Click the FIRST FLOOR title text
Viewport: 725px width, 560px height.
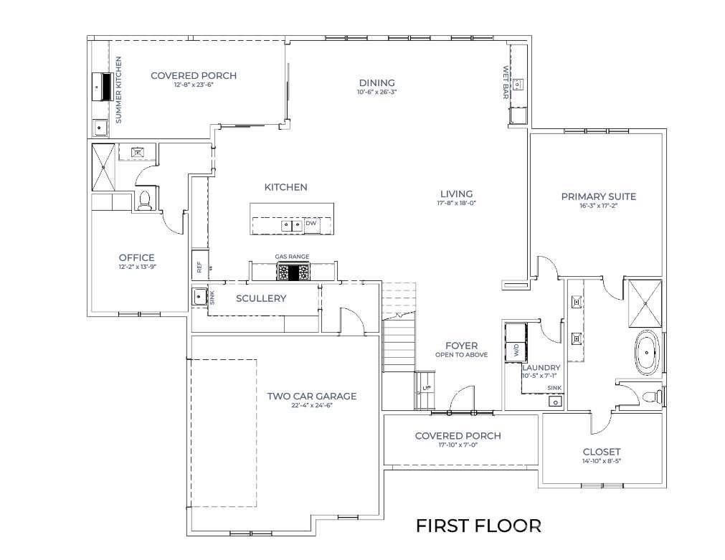(x=478, y=526)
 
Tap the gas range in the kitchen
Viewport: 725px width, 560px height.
(x=293, y=272)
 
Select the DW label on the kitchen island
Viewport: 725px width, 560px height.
(x=311, y=224)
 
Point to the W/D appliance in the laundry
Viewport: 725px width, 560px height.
(x=515, y=343)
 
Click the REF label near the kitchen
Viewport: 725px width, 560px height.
(x=199, y=267)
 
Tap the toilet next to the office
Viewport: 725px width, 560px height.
(x=143, y=200)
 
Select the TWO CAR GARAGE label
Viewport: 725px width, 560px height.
(x=311, y=396)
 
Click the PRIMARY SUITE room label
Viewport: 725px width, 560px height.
(x=598, y=196)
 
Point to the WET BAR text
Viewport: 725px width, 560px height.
(x=506, y=82)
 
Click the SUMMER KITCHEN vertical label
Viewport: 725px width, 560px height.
(x=119, y=89)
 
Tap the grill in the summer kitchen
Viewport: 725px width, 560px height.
(x=102, y=86)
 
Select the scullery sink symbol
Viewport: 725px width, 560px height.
(x=199, y=296)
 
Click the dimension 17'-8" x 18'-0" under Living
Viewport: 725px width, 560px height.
(x=456, y=203)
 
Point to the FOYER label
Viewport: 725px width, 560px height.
(x=460, y=346)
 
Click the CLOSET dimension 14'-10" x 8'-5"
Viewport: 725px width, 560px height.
(x=601, y=461)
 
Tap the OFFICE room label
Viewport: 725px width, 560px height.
(x=136, y=257)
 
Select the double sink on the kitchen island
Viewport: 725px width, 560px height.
(x=290, y=224)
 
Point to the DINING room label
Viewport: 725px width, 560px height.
(x=376, y=82)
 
